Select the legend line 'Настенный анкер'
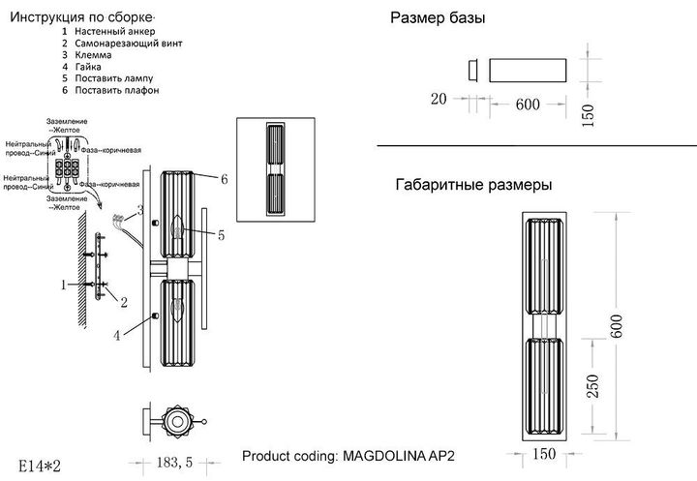(x=114, y=32)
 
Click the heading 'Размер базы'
(x=438, y=19)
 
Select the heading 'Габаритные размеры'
(x=474, y=184)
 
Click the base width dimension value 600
(x=528, y=105)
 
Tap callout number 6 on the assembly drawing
(x=224, y=179)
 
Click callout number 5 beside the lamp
(x=221, y=234)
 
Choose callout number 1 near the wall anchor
(x=63, y=285)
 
